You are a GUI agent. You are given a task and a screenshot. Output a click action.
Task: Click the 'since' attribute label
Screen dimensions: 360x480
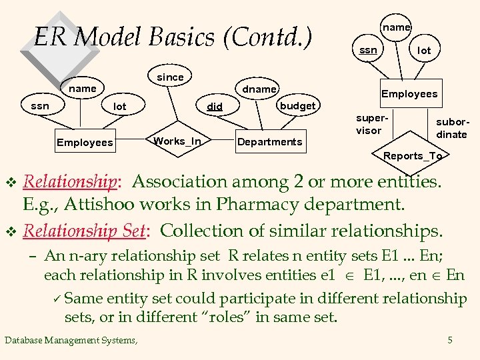pyautogui.click(x=170, y=77)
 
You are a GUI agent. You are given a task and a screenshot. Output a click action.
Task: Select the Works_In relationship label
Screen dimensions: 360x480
pyautogui.click(x=177, y=141)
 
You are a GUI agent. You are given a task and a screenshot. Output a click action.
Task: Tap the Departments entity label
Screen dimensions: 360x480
pyautogui.click(x=270, y=141)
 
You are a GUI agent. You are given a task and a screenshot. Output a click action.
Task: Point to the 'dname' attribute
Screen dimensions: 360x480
pyautogui.click(x=259, y=89)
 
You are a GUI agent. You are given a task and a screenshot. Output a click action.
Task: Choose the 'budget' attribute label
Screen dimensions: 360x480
pyautogui.click(x=297, y=106)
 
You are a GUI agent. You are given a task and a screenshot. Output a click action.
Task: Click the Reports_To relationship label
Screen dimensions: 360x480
pyautogui.click(x=413, y=156)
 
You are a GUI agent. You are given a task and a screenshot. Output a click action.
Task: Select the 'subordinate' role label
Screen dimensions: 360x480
pyautogui.click(x=451, y=129)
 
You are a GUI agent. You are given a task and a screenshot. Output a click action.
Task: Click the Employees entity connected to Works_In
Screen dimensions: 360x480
pyautogui.click(x=85, y=142)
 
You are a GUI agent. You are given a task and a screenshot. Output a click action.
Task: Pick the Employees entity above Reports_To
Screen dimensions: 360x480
pyautogui.click(x=409, y=94)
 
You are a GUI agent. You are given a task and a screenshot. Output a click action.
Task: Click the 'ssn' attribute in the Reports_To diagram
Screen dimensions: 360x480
pyautogui.click(x=368, y=50)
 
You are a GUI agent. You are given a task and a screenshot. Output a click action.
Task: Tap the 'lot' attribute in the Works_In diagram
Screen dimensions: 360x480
pyautogui.click(x=120, y=107)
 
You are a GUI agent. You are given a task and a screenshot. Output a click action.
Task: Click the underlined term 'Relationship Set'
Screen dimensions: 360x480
pyautogui.click(x=84, y=231)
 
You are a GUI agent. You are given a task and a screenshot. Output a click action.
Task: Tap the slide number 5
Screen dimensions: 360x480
pyautogui.click(x=450, y=341)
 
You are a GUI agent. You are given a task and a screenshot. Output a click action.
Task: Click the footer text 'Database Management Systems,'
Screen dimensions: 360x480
pyautogui.click(x=71, y=341)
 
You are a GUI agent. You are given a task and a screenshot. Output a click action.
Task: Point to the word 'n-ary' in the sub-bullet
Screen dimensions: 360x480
pyautogui.click(x=83, y=256)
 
